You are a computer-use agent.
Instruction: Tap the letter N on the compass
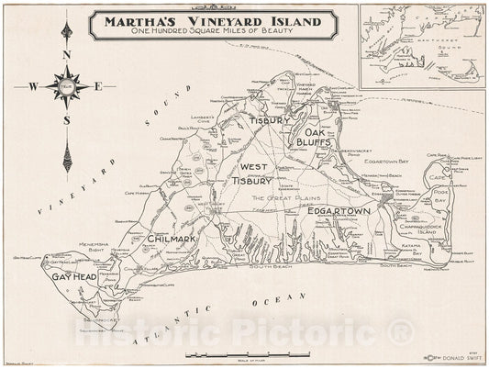pos(66,53)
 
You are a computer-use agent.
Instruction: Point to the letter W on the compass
pos(32,88)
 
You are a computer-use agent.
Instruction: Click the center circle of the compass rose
pos(66,88)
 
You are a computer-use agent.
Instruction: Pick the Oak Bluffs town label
pos(311,137)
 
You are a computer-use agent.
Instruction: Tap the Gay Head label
pos(75,276)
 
